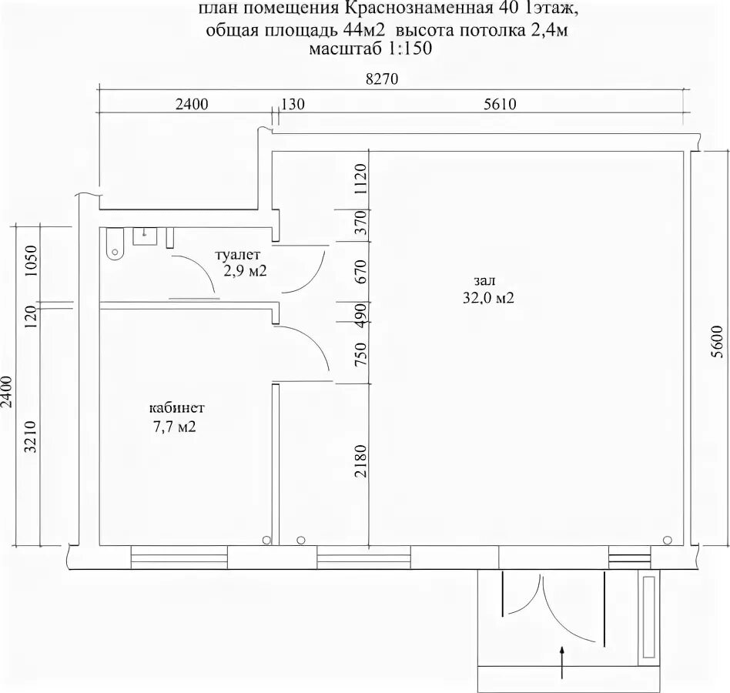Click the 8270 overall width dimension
pos(382,79)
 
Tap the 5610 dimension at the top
pos(500,104)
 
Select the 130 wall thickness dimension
pos(293,104)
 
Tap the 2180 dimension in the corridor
pos(361,460)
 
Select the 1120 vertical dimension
pos(361,179)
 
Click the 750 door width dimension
pos(361,353)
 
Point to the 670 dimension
pos(361,272)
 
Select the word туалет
pos(237,255)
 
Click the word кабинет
pos(177,408)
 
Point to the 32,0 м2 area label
pos(488,298)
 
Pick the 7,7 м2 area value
pos(175,427)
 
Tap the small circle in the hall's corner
pos(668,540)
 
